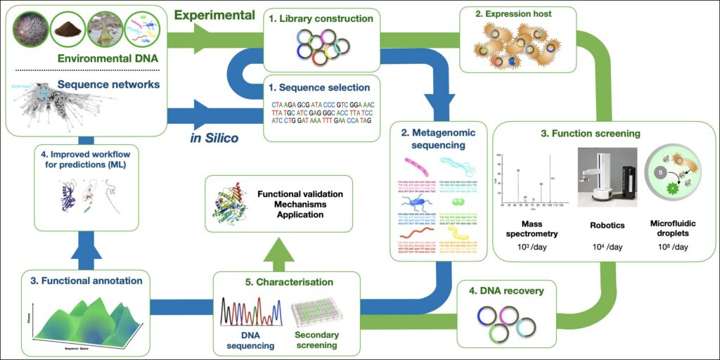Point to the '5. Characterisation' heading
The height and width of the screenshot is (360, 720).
[x=289, y=282]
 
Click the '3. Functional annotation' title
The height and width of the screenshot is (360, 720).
[x=86, y=281]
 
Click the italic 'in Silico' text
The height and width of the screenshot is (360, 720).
[x=214, y=138]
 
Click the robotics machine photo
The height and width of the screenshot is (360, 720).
[x=607, y=178]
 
